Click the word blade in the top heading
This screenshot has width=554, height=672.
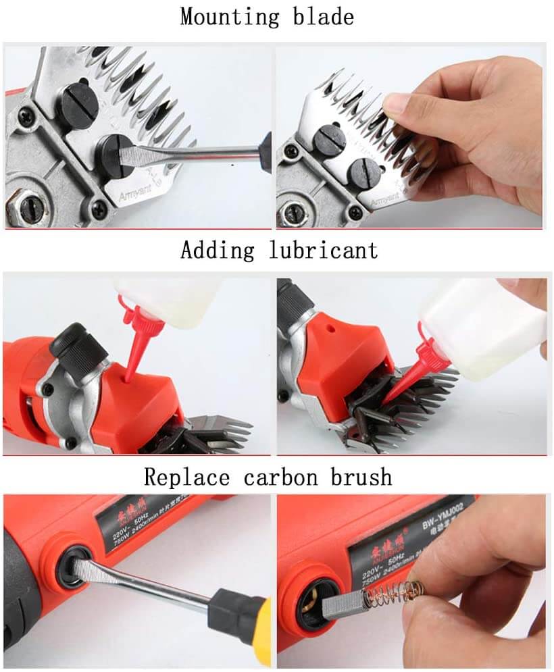pyautogui.click(x=321, y=16)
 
